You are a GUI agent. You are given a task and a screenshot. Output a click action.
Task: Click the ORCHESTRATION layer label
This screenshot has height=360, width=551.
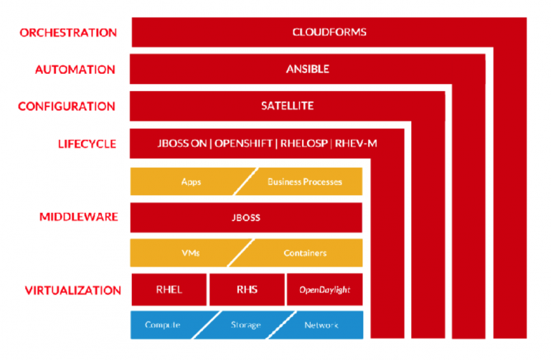[x=68, y=33]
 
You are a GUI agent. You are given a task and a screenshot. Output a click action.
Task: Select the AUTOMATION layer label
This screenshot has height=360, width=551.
[x=75, y=70]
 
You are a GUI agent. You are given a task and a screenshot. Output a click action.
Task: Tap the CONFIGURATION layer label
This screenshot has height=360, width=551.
[x=67, y=106]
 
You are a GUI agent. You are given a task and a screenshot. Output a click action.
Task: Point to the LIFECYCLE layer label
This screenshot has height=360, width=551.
[x=87, y=144]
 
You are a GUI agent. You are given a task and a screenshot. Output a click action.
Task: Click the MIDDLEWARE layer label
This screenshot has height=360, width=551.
[x=79, y=217]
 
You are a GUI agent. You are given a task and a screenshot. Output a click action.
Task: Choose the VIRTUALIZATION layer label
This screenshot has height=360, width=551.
[x=73, y=290]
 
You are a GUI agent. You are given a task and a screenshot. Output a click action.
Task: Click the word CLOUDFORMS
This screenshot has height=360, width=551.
[x=329, y=32]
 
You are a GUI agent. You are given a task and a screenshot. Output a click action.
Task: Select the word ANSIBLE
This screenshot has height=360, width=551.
[x=308, y=69]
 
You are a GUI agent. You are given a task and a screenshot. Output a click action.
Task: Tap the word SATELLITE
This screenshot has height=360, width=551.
[x=287, y=105]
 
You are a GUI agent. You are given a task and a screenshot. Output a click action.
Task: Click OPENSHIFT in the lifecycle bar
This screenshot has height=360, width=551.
[x=243, y=143]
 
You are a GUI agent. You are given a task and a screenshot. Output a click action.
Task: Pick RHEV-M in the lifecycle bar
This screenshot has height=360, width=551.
[x=356, y=143]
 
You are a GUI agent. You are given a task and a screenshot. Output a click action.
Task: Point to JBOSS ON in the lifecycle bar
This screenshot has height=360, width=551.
[x=182, y=143]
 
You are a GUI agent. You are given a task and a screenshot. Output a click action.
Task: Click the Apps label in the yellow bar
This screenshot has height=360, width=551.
[x=191, y=182]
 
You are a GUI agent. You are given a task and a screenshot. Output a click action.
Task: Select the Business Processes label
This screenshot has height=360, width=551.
[x=305, y=182]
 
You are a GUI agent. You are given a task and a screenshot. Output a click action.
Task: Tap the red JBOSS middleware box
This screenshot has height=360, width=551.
[x=246, y=217]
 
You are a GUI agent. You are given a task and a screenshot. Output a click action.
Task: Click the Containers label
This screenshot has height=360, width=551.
[x=305, y=253]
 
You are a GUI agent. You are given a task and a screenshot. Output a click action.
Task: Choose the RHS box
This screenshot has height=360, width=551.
[x=247, y=290]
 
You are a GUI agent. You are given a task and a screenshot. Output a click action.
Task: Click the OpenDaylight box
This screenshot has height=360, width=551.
[x=325, y=290]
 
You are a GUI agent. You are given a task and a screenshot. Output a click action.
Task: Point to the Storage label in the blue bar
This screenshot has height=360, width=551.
[x=245, y=325]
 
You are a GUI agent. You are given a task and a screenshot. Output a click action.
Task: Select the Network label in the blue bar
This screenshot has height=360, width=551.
[x=321, y=326]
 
